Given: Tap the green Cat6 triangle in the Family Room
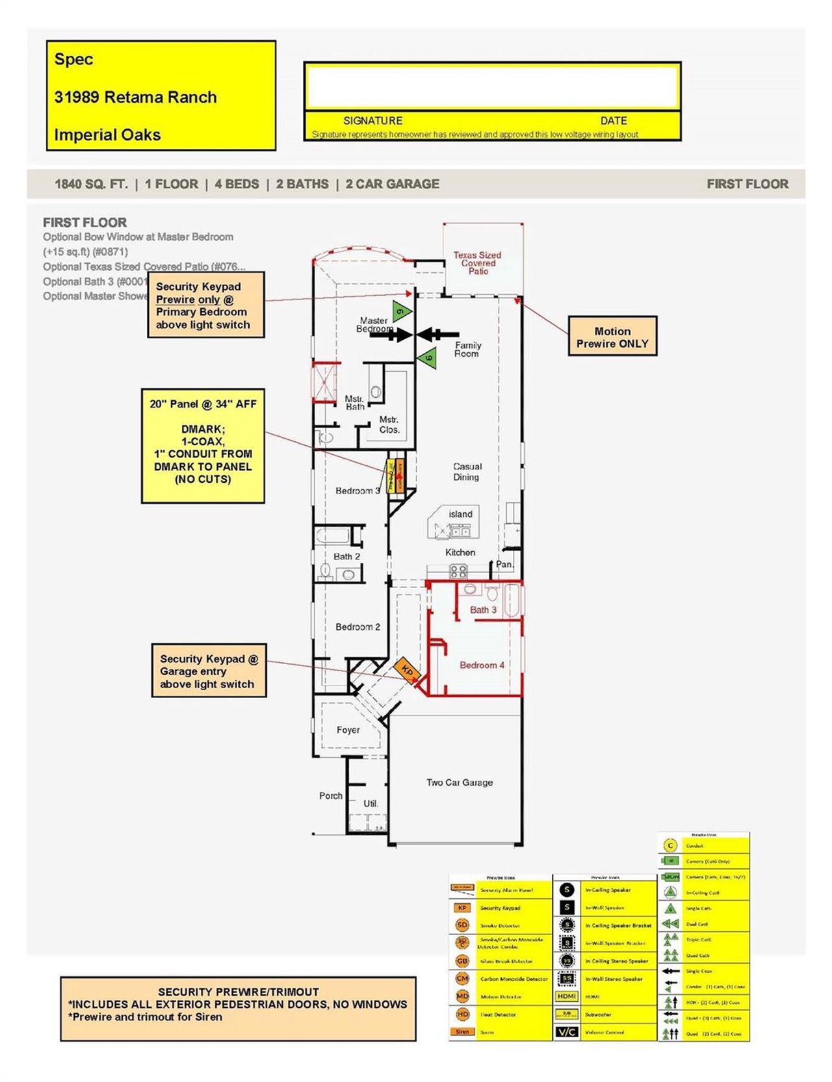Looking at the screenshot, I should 427,357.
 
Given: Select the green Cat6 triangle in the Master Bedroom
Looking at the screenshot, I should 402,311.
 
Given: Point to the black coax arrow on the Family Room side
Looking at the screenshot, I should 431,334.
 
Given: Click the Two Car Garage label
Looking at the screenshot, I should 459,782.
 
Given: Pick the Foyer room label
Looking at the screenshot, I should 348,730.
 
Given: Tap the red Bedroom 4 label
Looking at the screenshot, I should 482,665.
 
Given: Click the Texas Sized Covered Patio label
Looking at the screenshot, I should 478,263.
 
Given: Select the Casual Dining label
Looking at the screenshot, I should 467,472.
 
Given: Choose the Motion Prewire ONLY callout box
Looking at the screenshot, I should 612,337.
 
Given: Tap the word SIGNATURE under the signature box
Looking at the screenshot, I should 372,121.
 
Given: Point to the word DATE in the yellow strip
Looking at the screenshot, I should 613,121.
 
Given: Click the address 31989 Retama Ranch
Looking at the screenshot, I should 135,97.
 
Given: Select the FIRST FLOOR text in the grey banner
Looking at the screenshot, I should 747,184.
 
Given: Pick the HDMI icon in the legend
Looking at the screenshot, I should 567,996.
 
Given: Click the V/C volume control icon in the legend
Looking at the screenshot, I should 567,1032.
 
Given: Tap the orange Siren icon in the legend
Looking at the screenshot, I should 462,1032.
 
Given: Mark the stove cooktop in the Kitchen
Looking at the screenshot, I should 458,571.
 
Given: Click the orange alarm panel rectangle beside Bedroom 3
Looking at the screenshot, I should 400,476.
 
